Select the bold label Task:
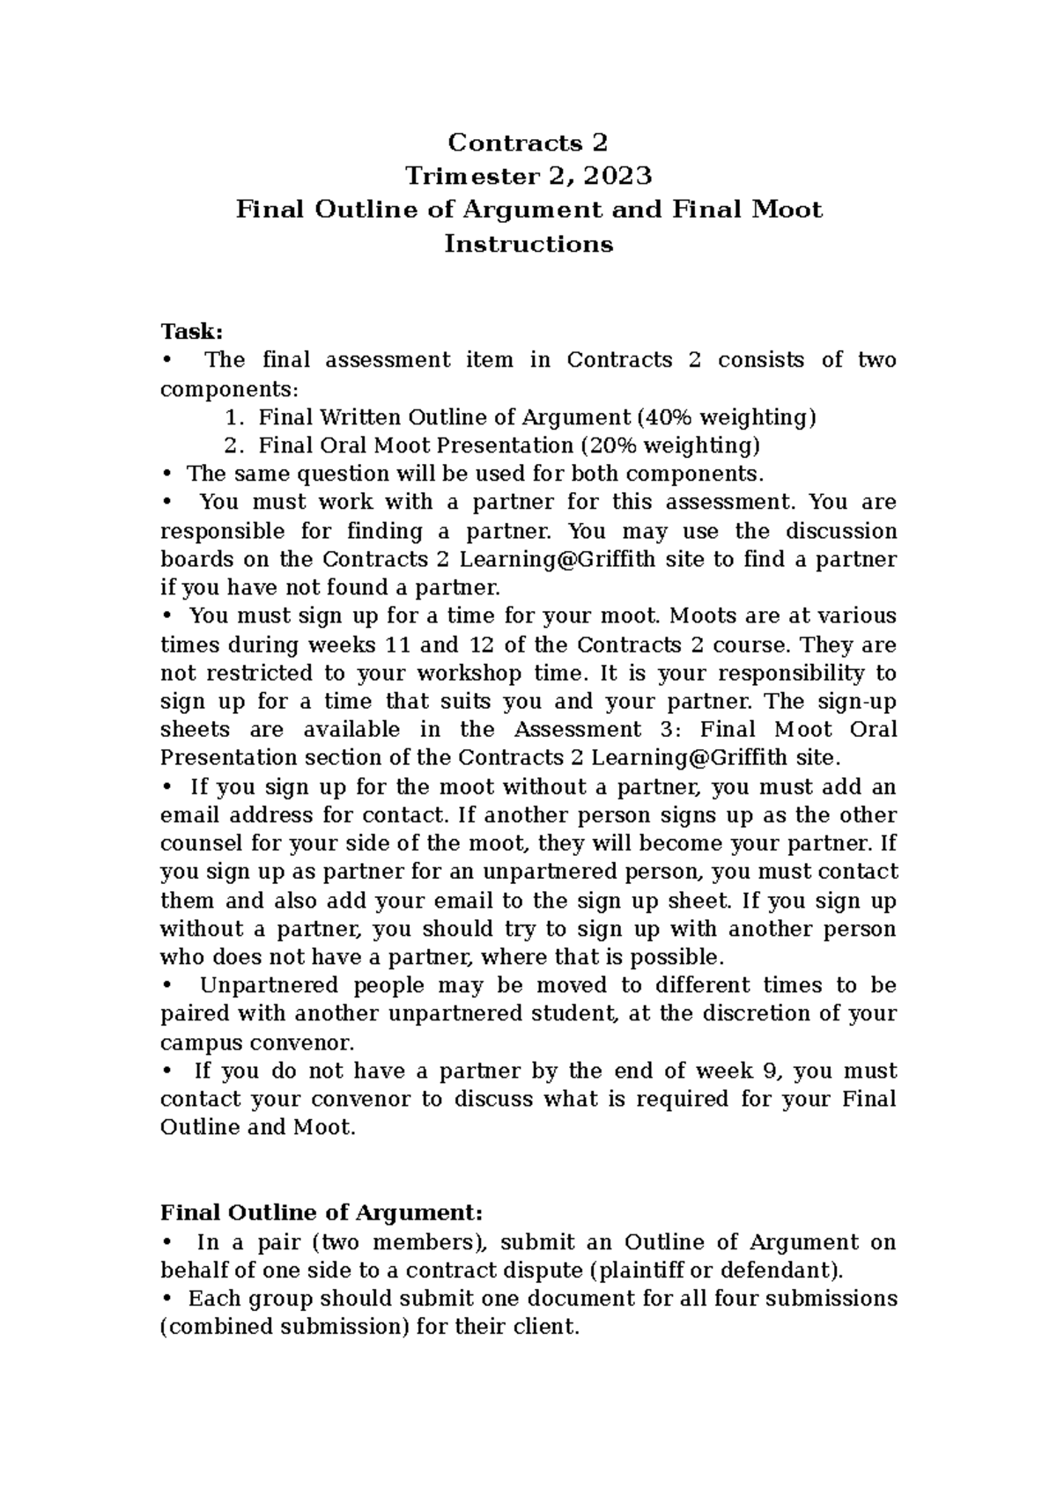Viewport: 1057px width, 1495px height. (191, 331)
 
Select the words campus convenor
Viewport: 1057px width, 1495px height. (256, 1042)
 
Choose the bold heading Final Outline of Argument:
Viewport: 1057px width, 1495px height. (322, 1212)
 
